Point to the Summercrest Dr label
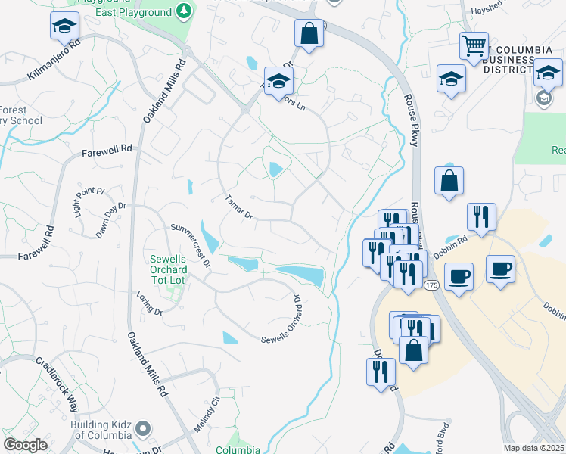[190, 242]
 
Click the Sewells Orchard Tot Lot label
[161, 269]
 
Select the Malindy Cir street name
[205, 415]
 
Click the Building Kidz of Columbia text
[101, 430]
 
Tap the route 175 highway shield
[431, 284]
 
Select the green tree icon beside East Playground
[183, 11]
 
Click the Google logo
[25, 445]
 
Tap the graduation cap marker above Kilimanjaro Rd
[64, 26]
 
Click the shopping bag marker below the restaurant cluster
[413, 350]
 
